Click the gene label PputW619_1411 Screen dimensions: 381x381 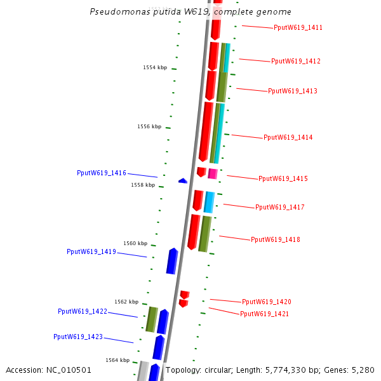(298, 28)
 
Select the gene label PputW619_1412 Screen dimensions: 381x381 (295, 62)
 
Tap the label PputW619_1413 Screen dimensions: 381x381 (292, 91)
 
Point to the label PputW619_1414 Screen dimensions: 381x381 (288, 138)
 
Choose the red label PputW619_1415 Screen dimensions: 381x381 (283, 179)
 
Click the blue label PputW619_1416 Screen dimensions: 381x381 (102, 173)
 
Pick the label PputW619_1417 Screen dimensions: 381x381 (279, 208)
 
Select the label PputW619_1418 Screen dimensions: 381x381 (275, 240)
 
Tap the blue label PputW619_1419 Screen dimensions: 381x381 (91, 252)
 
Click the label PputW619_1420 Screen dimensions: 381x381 (266, 302)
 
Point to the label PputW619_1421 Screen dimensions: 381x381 (264, 314)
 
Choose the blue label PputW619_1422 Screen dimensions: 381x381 (83, 312)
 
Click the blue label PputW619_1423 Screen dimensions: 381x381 (78, 337)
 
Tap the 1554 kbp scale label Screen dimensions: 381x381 (155, 67)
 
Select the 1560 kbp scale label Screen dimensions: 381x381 (135, 243)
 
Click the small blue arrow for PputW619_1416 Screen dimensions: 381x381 (183, 181)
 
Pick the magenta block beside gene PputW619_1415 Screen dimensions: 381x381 (213, 173)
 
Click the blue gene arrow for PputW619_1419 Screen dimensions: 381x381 (172, 261)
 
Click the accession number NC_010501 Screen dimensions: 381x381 (70, 370)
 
